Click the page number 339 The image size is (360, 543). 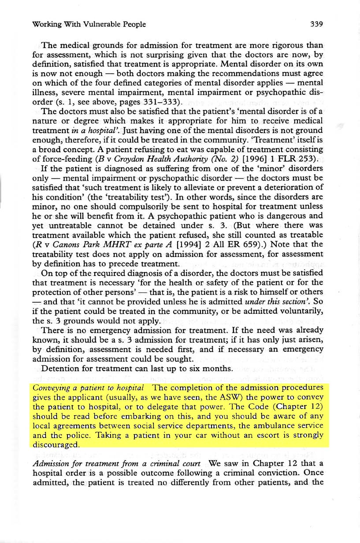(x=317, y=24)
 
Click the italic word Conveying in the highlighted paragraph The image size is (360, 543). (x=49, y=388)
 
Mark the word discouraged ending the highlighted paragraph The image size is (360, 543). (x=55, y=444)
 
